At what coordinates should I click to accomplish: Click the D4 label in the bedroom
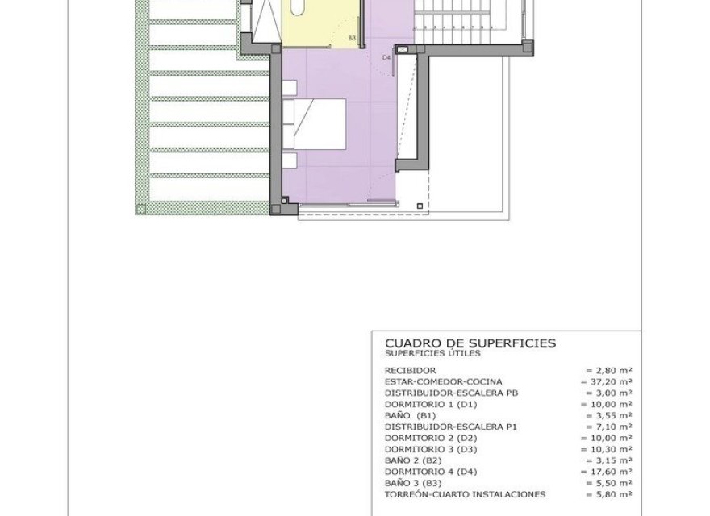pos(386,58)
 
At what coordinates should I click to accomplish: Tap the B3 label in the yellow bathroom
pos(352,38)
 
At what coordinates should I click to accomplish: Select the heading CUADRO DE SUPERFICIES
pos(470,343)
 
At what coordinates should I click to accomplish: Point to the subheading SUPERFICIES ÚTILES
pos(432,353)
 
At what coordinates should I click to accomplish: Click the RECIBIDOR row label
pos(411,370)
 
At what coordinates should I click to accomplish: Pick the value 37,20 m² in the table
pos(608,381)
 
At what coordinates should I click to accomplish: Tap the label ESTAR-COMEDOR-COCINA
pos(443,381)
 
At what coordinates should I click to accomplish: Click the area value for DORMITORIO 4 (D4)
pos(608,472)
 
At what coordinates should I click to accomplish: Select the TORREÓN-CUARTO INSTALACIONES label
pos(466,494)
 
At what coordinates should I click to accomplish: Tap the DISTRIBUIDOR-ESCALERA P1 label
pos(450,427)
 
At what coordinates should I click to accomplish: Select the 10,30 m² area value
pos(608,449)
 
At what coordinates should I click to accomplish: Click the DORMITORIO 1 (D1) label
pos(431,404)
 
